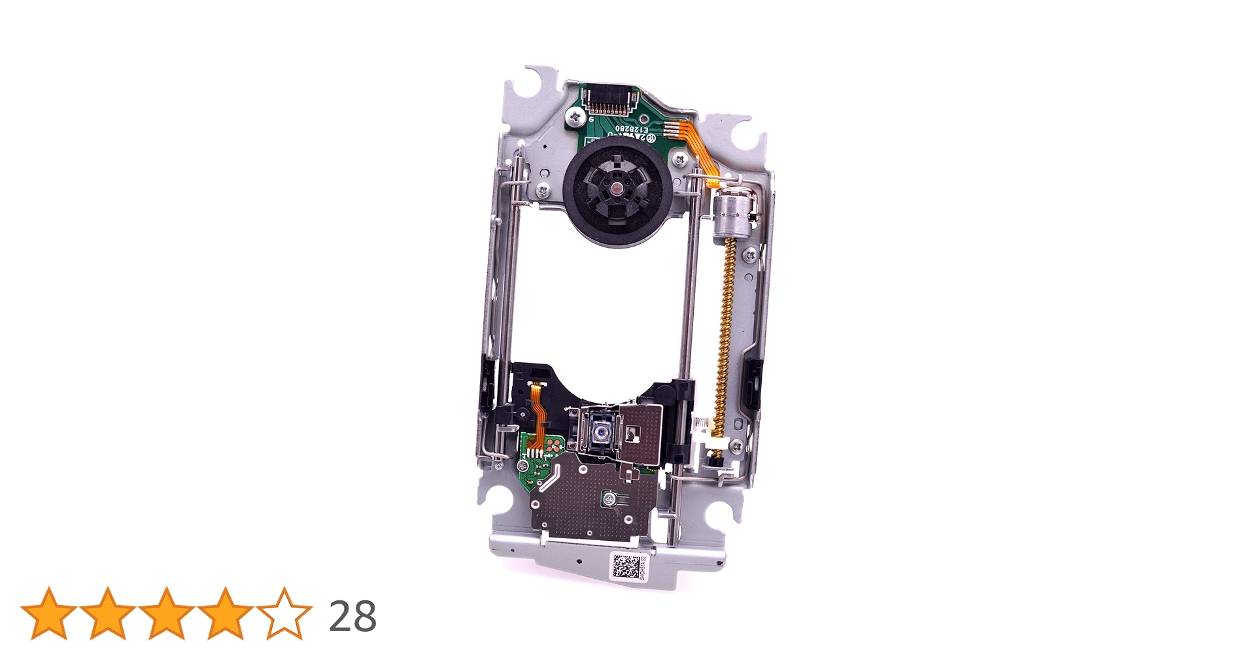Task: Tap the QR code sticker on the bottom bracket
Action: point(626,566)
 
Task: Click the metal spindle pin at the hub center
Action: point(617,189)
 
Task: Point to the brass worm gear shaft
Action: point(725,327)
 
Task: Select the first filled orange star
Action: point(49,613)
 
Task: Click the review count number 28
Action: point(352,616)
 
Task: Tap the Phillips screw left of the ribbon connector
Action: point(575,117)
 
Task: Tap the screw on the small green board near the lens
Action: point(523,466)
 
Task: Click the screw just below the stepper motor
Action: point(751,254)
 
